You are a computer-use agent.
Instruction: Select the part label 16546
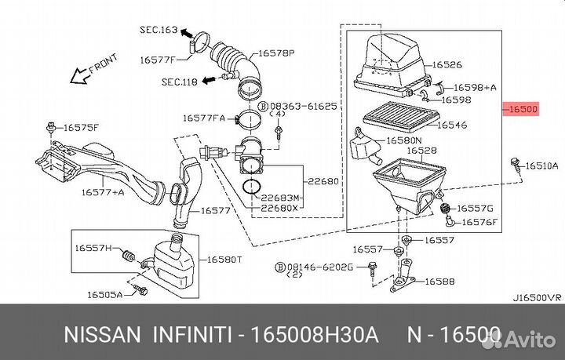pos(451,124)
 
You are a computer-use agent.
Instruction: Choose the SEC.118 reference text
pos(180,80)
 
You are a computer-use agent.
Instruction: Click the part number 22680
pos(323,181)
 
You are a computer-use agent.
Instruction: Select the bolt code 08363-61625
pos(304,105)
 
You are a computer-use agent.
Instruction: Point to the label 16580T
pos(224,259)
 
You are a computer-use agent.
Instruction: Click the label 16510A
pos(541,165)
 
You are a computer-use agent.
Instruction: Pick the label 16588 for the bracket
pos(439,280)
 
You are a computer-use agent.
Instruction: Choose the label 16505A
pos(104,295)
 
